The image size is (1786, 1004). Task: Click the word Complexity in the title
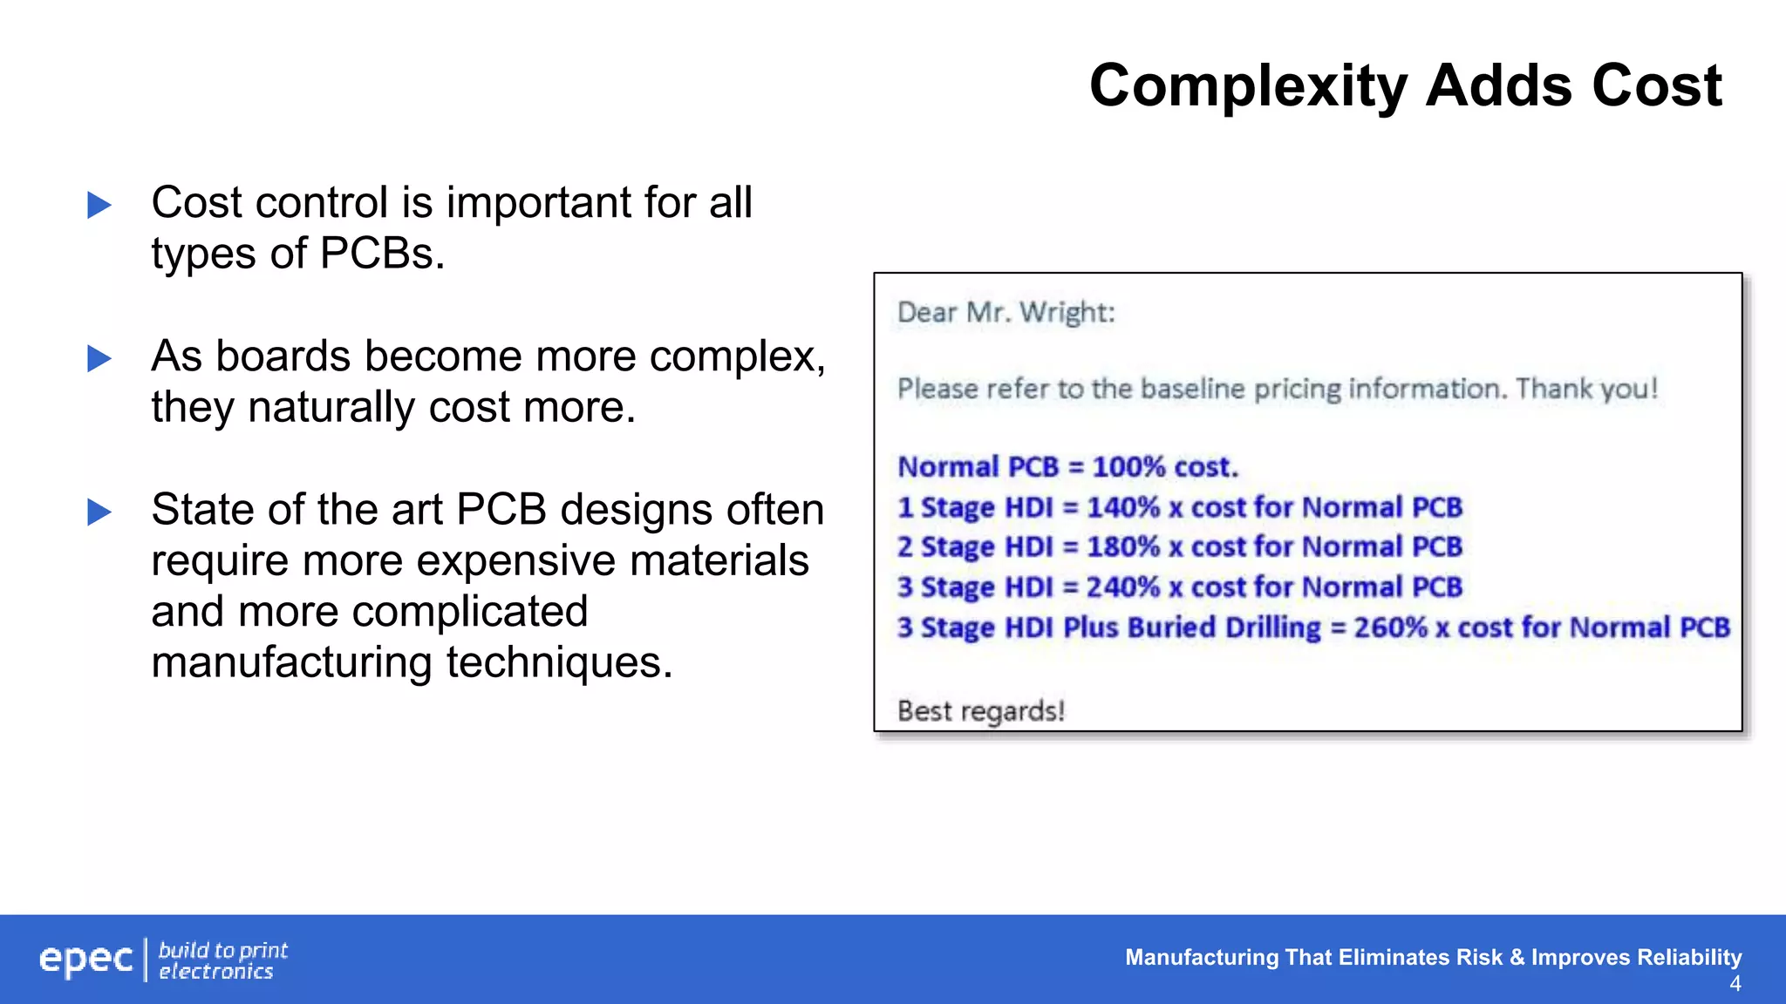(x=1248, y=87)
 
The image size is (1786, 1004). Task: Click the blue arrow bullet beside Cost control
(x=99, y=206)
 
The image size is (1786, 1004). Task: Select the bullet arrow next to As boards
(x=99, y=358)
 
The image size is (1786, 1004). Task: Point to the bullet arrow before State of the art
(x=99, y=512)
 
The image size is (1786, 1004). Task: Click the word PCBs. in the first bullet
(x=382, y=254)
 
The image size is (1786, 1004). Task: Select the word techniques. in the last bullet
(x=559, y=662)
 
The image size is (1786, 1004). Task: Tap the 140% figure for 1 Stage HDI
(x=1123, y=507)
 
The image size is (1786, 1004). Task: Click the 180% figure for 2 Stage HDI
(x=1123, y=547)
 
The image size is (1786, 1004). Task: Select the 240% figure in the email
(x=1123, y=587)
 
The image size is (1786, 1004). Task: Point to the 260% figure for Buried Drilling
(x=1390, y=627)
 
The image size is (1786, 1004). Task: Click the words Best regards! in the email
(x=981, y=711)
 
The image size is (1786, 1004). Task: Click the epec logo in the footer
(x=85, y=960)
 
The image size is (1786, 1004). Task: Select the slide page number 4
(x=1735, y=984)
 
